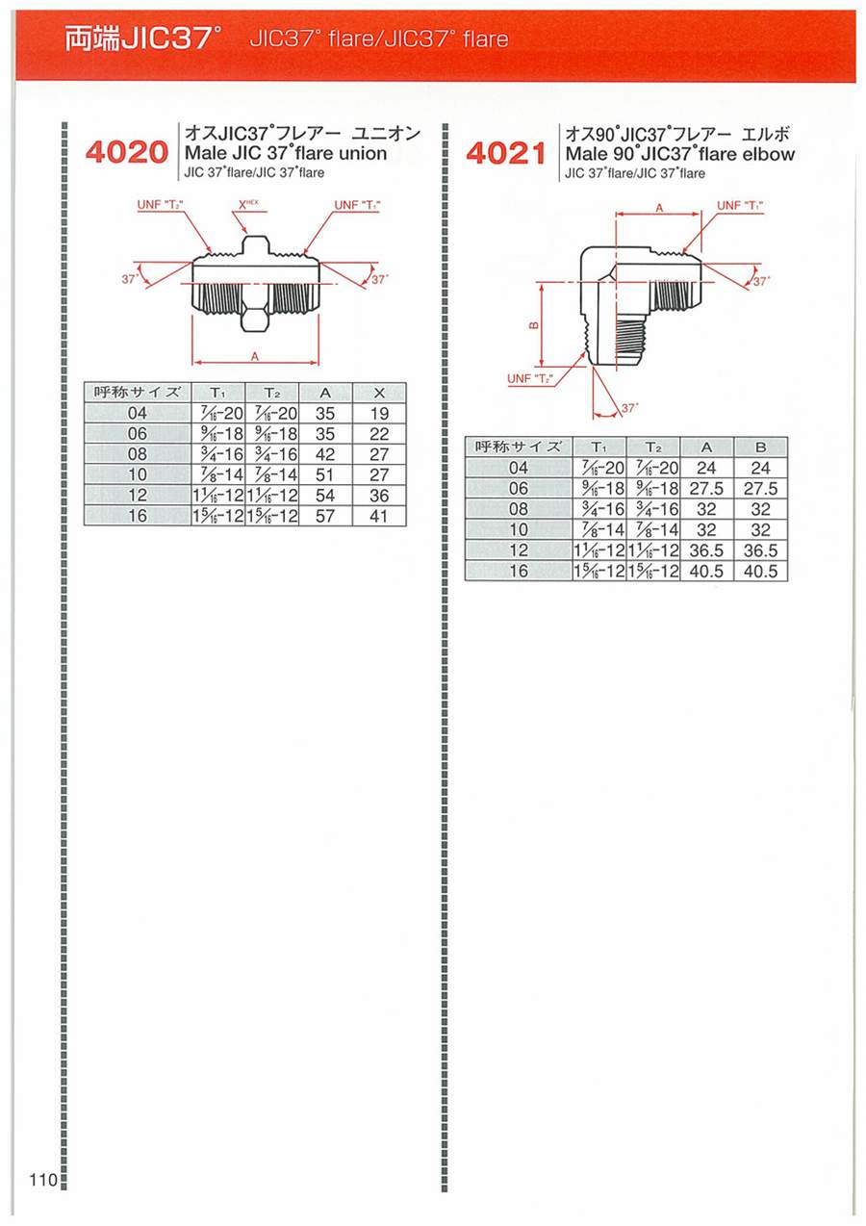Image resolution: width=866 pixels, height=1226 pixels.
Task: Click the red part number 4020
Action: coord(126,152)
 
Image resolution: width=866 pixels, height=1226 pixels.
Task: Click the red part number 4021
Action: coord(506,153)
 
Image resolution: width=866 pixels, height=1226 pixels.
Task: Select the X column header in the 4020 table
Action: coord(379,393)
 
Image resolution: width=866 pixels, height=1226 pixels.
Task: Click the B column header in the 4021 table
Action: coord(760,447)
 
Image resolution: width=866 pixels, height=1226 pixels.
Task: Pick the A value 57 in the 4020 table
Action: coord(324,516)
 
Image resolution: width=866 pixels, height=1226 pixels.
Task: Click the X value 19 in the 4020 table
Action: coord(379,413)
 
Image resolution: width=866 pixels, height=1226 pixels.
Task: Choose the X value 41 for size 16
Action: coord(379,516)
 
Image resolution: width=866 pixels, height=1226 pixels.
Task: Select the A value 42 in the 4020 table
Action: coord(324,454)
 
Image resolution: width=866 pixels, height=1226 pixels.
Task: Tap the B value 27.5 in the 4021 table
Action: coord(760,488)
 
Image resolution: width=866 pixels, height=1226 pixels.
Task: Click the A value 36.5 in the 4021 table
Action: coord(706,550)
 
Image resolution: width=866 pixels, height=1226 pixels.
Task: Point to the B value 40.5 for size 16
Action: coord(760,571)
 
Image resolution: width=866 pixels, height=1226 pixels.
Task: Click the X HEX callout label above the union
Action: coord(248,205)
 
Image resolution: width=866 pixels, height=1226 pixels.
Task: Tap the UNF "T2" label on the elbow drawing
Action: coord(530,378)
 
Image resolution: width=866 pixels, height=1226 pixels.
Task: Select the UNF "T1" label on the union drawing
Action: coord(357,205)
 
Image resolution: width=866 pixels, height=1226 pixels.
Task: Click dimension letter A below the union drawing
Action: coord(255,357)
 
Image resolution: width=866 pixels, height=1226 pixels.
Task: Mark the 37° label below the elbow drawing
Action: coord(630,408)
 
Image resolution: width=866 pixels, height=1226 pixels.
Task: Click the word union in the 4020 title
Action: coord(363,153)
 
